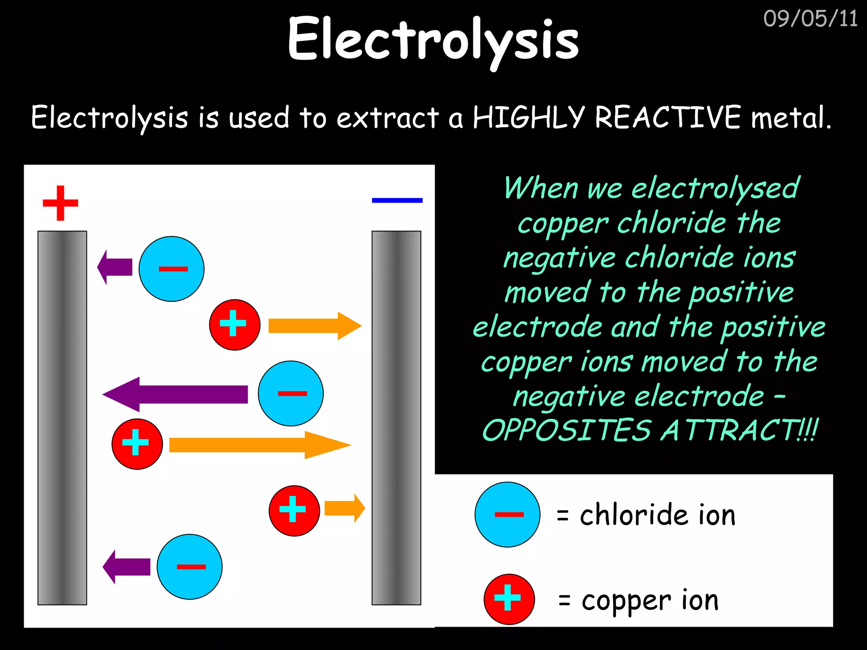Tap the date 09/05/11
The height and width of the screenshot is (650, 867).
pos(810,19)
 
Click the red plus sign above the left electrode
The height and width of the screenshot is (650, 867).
pos(61,203)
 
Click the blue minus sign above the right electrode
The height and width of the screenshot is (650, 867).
pos(397,200)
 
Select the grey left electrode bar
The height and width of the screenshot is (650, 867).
pos(62,418)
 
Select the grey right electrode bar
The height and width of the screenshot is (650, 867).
pos(396,418)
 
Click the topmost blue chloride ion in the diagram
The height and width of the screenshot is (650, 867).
pos(171,269)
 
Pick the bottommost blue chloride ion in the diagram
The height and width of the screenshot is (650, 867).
pos(190,567)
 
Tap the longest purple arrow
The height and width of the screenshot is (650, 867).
pos(175,394)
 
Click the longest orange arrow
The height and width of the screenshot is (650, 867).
pos(260,445)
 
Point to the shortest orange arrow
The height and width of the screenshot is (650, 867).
pos(344,508)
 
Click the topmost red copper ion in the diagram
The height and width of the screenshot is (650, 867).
pos(235,325)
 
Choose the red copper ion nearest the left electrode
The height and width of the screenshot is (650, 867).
pos(137,444)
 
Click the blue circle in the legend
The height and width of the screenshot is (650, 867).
pos(507,515)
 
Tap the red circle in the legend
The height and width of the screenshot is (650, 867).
pos(509,599)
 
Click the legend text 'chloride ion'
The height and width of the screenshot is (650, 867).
pos(657,515)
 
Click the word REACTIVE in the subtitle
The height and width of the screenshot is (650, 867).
pos(668,117)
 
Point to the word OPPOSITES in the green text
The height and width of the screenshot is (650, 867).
pos(566,430)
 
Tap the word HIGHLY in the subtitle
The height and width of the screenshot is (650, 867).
pos(528,117)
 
